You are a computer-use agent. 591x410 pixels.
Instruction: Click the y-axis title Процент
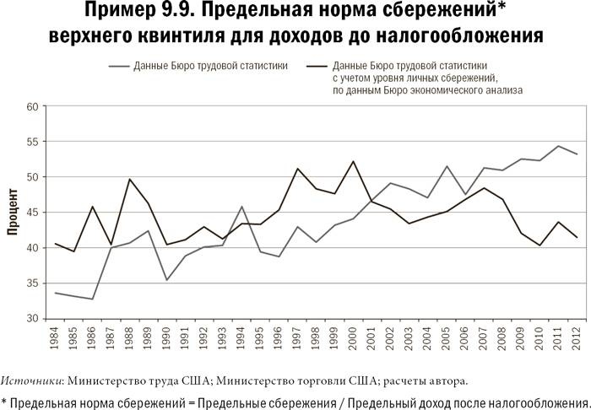pos(14,214)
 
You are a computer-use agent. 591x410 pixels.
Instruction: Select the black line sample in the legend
pos(317,65)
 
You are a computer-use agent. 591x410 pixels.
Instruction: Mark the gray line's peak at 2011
pos(556,146)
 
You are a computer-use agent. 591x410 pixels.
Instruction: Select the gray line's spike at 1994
pos(241,207)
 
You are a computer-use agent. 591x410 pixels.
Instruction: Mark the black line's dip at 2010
pos(538,245)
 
